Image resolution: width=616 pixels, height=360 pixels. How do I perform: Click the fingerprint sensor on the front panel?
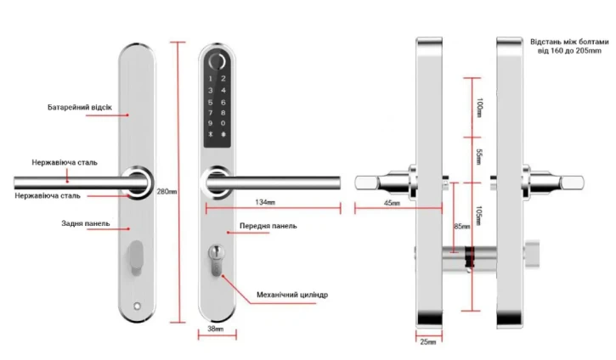tap(217, 65)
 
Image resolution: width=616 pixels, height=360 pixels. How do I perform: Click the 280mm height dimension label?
tap(167, 191)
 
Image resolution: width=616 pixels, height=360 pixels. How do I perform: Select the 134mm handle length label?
tap(264, 203)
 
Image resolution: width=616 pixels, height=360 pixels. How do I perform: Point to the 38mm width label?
tap(216, 329)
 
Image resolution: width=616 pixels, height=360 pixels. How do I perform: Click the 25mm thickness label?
tap(428, 342)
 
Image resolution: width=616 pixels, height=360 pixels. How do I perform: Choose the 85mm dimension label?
tap(460, 227)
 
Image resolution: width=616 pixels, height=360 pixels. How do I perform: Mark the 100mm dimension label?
tap(479, 109)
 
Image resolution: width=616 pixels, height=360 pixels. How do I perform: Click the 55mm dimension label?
tap(479, 157)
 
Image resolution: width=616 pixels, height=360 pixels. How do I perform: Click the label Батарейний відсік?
tap(86, 108)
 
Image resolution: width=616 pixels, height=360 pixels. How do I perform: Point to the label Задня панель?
tap(85, 224)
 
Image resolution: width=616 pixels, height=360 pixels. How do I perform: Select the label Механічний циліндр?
tap(291, 295)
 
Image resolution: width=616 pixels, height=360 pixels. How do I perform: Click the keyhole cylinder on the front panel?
tap(216, 258)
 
